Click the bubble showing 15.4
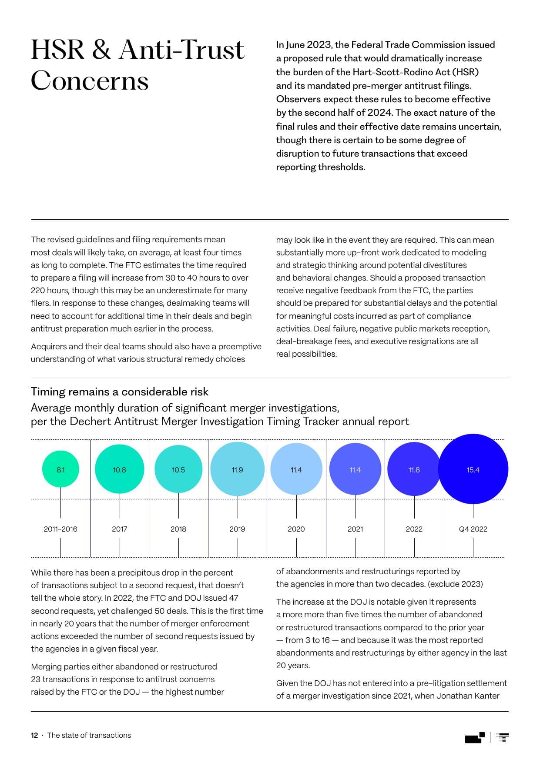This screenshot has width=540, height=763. tap(473, 469)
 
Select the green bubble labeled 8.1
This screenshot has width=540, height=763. tap(60, 469)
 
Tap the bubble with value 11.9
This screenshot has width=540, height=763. tap(237, 469)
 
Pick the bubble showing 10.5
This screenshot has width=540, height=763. tap(178, 469)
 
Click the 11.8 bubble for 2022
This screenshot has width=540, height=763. tap(414, 469)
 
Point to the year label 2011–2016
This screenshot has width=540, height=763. tap(60, 529)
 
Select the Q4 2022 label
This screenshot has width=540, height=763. tap(473, 529)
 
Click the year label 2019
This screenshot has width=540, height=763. tap(237, 529)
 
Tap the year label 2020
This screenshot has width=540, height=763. tap(296, 529)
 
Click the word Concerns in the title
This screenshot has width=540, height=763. tap(90, 81)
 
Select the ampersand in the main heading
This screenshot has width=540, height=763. tap(101, 50)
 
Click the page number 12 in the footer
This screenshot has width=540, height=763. tap(34, 735)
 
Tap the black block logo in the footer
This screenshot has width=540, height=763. tap(474, 738)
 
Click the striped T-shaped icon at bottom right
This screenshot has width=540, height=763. tap(503, 737)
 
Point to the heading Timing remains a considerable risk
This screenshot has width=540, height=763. tap(120, 392)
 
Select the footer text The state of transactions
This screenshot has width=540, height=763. tap(89, 735)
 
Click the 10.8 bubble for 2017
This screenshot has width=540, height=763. tap(119, 469)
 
